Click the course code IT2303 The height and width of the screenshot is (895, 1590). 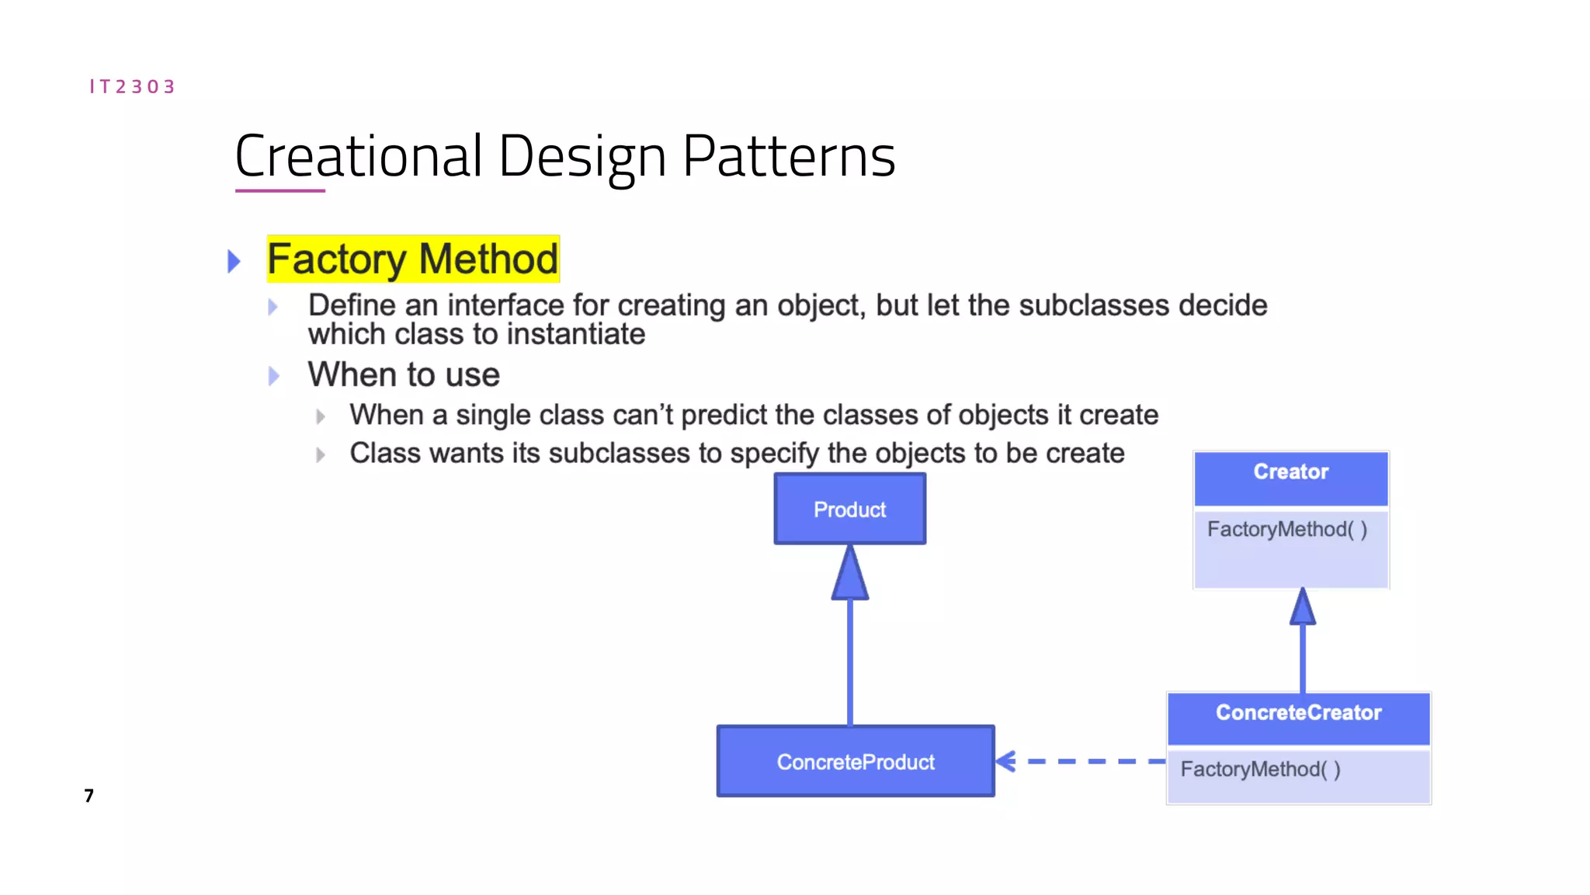(132, 86)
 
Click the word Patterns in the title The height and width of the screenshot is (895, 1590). (789, 156)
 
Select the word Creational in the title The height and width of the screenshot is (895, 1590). (359, 156)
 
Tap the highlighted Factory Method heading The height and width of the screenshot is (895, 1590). (412, 259)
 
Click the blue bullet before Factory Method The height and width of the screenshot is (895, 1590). (234, 261)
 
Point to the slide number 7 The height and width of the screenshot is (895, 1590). (89, 796)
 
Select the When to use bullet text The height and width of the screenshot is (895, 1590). (404, 375)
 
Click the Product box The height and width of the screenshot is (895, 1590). (849, 510)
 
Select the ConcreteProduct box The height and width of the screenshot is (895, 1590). (856, 761)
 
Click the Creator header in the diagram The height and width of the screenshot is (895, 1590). (1290, 472)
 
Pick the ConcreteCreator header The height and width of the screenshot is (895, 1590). (1298, 713)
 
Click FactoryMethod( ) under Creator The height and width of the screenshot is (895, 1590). (1286, 530)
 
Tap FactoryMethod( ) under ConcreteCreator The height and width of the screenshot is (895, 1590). (1260, 770)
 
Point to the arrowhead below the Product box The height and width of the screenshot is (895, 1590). (850, 575)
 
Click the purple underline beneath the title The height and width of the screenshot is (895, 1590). (279, 190)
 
